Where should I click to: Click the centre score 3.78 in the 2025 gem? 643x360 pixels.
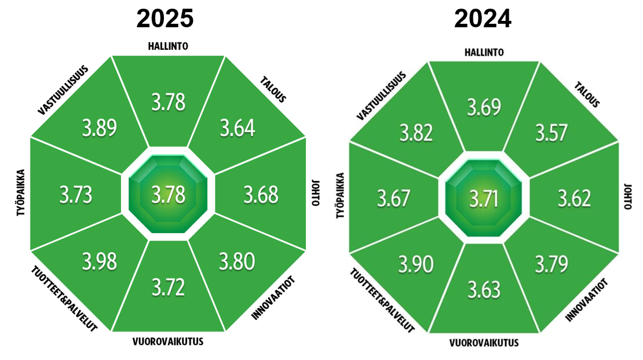[x=168, y=195]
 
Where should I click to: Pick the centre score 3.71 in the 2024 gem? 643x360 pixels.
[x=484, y=199]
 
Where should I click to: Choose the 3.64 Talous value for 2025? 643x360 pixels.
[x=237, y=128]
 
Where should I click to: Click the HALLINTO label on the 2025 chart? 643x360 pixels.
[x=168, y=46]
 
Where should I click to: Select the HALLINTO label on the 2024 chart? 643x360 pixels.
[x=484, y=52]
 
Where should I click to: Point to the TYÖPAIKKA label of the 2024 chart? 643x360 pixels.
[x=341, y=197]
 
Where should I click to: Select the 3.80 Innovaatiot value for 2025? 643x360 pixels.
[x=237, y=262]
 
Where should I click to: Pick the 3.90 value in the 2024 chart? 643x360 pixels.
[x=415, y=264]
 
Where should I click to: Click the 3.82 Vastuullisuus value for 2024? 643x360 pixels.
[x=416, y=133]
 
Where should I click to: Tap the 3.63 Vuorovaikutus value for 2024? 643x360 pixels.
[x=484, y=288]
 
